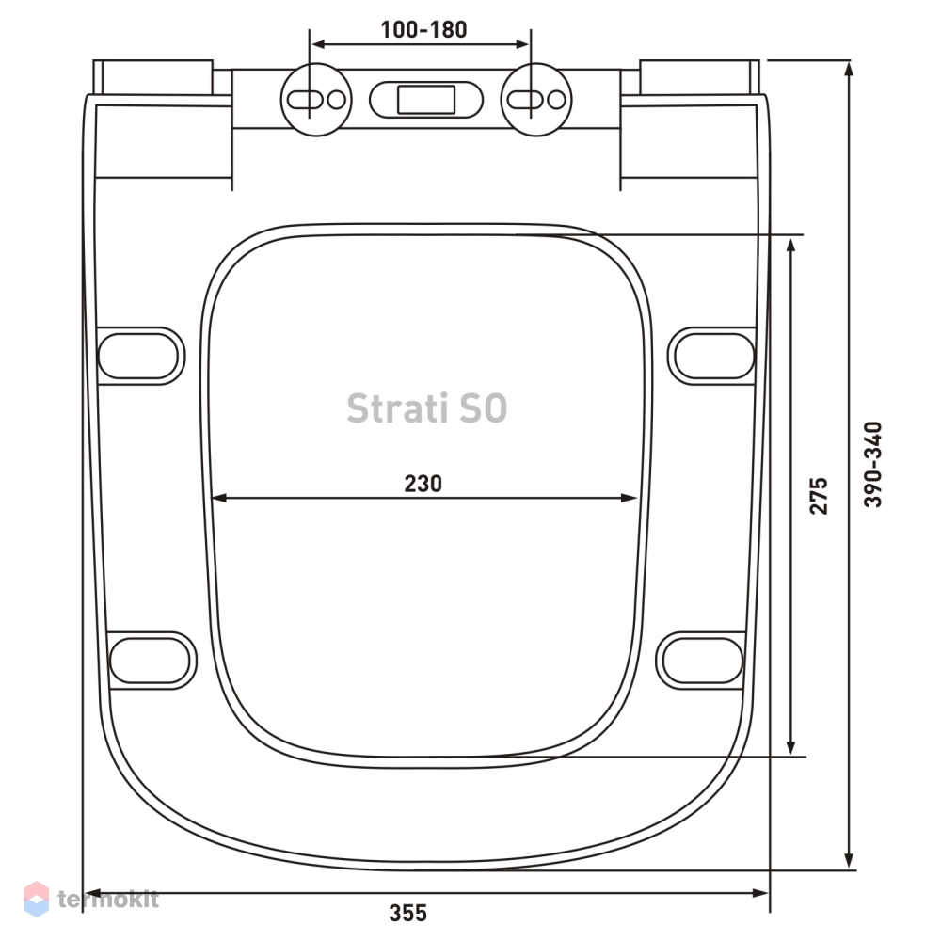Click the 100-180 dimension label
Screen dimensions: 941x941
[x=423, y=29]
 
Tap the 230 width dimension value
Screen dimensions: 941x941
[x=423, y=484]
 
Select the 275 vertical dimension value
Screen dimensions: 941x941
[x=819, y=496]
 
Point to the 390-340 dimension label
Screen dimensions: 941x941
[x=873, y=464]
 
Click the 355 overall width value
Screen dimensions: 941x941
[x=408, y=913]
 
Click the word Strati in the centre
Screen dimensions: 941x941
[x=397, y=408]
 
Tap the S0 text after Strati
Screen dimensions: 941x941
[x=484, y=408]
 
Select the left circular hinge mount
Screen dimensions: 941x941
[x=316, y=100]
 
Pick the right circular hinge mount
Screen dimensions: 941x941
[x=536, y=100]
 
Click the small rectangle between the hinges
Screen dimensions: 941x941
[x=426, y=100]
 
